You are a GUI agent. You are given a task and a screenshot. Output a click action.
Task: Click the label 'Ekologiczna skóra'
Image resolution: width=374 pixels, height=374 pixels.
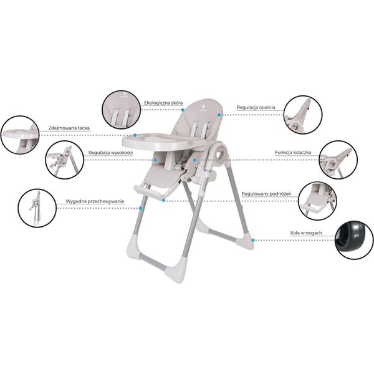pos(163,103)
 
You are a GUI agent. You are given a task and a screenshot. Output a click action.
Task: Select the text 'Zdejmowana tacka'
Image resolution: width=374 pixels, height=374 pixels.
pos(69,128)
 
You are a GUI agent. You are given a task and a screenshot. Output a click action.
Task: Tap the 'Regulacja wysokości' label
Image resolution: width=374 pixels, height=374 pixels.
pos(111,153)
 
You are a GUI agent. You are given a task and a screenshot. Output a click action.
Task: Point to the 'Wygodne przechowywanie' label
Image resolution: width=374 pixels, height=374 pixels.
pos(95,201)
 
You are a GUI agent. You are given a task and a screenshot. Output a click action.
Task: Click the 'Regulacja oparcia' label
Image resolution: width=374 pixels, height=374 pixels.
pos(256,107)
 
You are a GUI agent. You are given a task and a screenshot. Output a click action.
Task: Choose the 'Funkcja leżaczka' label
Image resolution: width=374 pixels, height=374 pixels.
pos(293,152)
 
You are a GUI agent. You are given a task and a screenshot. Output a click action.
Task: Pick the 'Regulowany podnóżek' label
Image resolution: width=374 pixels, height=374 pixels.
pos(266,194)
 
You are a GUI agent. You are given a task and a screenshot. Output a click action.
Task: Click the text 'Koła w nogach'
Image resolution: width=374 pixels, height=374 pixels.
pos(306,233)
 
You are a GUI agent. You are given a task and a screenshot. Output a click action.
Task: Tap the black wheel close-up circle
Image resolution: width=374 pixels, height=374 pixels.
pos(354,240)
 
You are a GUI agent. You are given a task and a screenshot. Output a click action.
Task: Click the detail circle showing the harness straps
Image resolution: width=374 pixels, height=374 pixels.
pos(122,110)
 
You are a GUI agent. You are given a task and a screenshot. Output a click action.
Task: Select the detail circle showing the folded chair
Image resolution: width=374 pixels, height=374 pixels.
pos(37,208)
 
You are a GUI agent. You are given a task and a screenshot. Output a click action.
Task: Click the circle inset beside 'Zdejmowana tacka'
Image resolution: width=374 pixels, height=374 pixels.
pos(20,135)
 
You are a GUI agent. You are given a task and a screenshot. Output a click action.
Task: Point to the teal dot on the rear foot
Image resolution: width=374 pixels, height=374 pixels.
pos(253,240)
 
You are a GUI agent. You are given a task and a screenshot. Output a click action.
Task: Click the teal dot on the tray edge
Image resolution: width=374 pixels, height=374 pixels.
pos(135,135)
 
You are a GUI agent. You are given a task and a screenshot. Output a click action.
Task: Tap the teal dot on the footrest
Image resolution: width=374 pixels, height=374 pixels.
pos(163,200)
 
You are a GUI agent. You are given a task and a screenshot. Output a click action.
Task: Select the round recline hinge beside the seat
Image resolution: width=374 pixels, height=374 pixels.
pos(219,155)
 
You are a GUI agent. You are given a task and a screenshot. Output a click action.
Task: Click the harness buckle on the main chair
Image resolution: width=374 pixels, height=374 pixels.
pos(178,165)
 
